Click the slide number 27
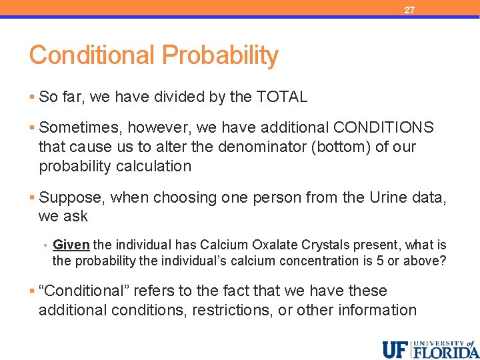pyautogui.click(x=409, y=10)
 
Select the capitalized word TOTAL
pyautogui.click(x=281, y=97)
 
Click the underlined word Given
pyautogui.click(x=71, y=245)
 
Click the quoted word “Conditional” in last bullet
pyautogui.click(x=79, y=291)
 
